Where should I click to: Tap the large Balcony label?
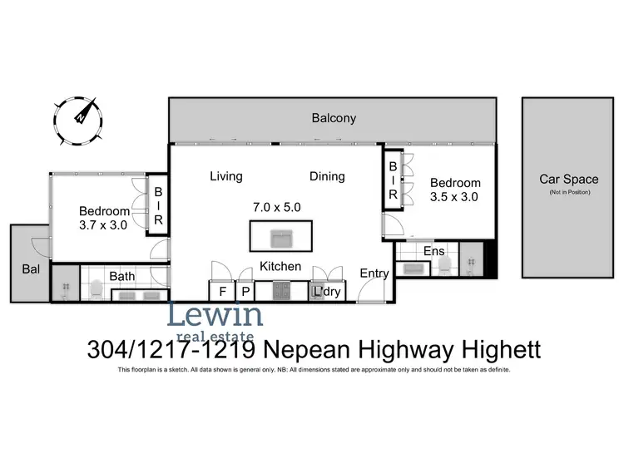[x=334, y=118]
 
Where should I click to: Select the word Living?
[x=225, y=176]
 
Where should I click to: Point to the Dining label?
[x=327, y=176]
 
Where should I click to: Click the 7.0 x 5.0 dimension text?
[x=276, y=205]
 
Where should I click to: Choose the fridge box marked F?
[x=222, y=292]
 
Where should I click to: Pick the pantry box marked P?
[x=245, y=292]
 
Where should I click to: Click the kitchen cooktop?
[x=281, y=292]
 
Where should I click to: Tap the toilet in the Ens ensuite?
[x=444, y=265]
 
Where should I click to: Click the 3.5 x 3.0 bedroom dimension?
[x=454, y=197]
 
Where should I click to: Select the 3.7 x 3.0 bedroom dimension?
[x=104, y=224]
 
